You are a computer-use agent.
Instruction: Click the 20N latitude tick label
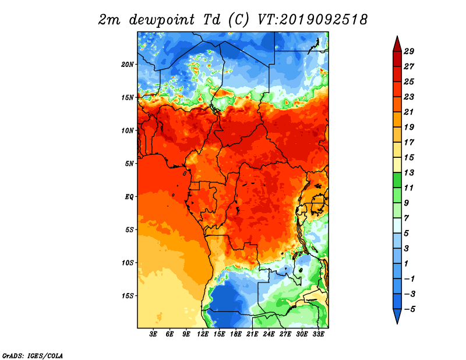pos(128,65)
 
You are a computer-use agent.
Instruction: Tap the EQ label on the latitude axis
pos(129,197)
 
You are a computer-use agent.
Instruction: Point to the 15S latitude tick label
pos(128,296)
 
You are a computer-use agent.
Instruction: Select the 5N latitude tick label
pos(129,164)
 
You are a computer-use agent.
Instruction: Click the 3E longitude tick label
pos(153,334)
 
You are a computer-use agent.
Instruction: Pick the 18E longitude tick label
pos(236,334)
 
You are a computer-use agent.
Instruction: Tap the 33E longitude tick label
pos(318,334)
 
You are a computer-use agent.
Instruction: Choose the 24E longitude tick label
pos(269,334)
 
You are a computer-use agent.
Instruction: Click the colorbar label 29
pos(409,51)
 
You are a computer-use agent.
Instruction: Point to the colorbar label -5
pos(409,309)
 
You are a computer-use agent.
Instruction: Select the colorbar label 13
pos(409,172)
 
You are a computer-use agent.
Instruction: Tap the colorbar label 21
pos(409,112)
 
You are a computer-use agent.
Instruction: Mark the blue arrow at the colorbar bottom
pos(397,315)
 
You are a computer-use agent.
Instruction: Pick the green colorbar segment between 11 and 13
pos(397,180)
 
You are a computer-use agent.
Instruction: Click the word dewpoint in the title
pos(163,20)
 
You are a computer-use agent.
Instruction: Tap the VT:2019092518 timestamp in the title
pos(312,20)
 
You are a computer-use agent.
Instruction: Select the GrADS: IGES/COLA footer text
pos(33,356)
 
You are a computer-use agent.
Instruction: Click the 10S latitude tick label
pos(128,263)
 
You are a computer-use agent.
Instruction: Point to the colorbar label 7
pos(406,218)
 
